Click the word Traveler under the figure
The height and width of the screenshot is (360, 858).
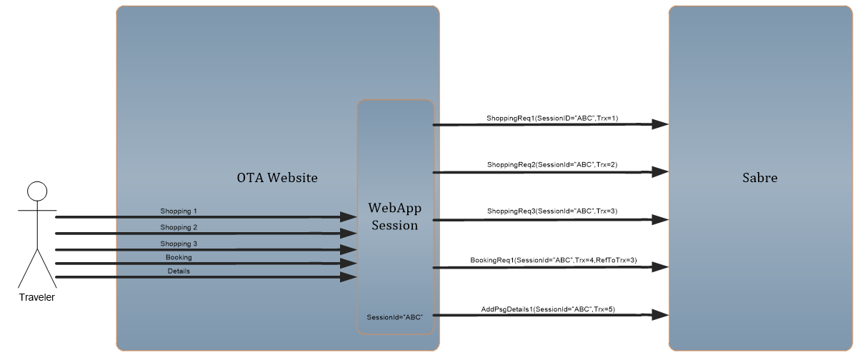[36, 297]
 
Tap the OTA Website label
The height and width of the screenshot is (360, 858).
[277, 178]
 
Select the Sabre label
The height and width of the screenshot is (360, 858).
[759, 178]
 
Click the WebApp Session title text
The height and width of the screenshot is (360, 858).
[394, 216]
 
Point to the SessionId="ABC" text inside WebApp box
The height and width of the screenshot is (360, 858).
[394, 317]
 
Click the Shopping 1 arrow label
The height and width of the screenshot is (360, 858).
[179, 211]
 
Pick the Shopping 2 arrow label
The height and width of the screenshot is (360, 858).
[179, 227]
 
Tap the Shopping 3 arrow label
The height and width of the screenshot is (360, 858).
[179, 244]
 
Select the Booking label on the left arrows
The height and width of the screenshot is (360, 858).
[179, 257]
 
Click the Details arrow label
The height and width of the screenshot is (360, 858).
[179, 271]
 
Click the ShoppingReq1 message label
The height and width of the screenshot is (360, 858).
[552, 119]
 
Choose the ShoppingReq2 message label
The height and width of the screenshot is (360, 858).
[552, 165]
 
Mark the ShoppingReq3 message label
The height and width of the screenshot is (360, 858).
[552, 211]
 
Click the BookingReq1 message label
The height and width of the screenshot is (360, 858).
[553, 260]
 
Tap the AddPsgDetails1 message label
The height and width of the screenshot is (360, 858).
[548, 309]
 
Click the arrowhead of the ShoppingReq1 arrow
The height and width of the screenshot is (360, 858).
[660, 124]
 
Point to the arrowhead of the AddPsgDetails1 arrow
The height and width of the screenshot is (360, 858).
[660, 315]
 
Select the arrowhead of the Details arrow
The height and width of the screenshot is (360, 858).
[349, 277]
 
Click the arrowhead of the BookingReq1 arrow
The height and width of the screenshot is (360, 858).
[660, 267]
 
